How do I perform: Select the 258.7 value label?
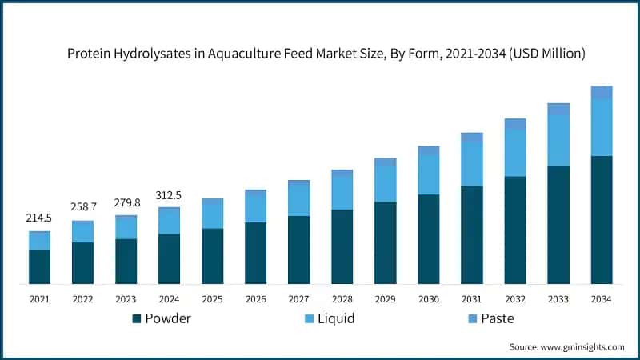82,207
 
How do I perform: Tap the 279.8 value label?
126,202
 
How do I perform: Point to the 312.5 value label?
169,194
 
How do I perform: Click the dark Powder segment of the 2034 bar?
602,219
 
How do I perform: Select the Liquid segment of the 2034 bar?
602,128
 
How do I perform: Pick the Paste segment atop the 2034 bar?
602,93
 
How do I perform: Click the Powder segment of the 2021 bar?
40,266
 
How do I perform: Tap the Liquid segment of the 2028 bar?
342,192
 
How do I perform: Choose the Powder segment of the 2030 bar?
429,238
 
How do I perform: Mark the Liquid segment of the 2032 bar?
515,153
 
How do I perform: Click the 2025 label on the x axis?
213,299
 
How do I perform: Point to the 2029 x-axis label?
386,299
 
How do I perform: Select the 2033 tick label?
558,299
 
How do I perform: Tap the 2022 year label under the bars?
82,299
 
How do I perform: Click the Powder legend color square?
137,318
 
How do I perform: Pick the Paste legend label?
498,318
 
